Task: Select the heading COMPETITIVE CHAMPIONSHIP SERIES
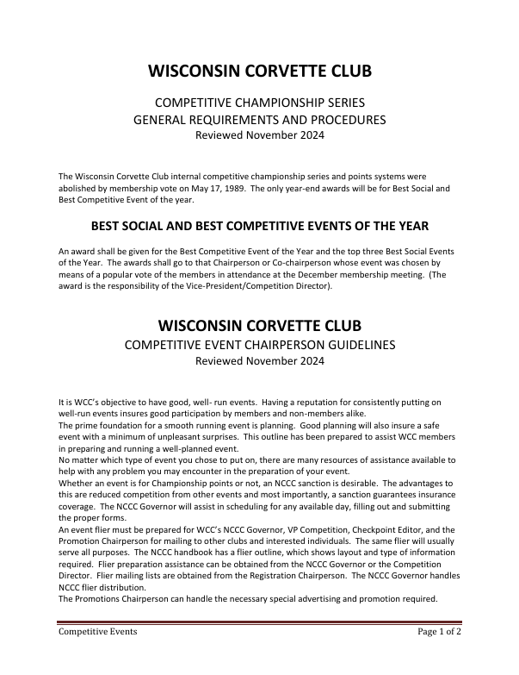click(259, 103)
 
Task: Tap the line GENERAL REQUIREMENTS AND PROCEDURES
click(259, 120)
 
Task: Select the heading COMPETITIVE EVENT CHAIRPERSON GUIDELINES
click(259, 346)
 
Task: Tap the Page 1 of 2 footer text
click(439, 631)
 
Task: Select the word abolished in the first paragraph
click(83, 187)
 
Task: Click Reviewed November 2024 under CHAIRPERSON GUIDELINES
click(259, 362)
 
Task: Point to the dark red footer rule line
click(259, 621)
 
